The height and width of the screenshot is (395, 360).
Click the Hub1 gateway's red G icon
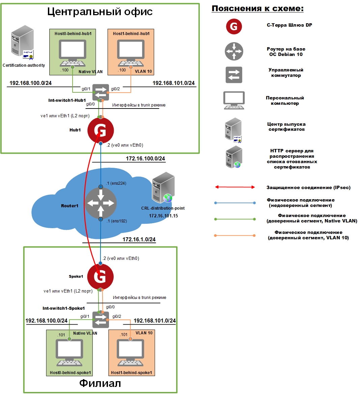[101, 130]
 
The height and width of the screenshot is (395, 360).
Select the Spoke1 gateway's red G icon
[100, 276]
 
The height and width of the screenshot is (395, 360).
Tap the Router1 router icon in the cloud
[101, 203]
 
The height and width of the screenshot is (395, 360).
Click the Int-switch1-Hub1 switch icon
[101, 92]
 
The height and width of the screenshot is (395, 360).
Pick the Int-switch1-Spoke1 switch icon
[101, 320]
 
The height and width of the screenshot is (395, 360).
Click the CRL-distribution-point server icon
[163, 187]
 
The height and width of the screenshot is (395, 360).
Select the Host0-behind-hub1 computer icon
[73, 53]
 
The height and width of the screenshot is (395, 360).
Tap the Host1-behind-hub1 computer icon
[131, 53]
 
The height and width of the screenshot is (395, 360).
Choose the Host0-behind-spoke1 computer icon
[69, 353]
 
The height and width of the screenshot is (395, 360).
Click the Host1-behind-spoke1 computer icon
[131, 353]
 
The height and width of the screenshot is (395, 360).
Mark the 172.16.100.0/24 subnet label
[145, 158]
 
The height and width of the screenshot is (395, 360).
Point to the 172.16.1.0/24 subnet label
[139, 239]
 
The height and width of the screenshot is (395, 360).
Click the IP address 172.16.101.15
[163, 216]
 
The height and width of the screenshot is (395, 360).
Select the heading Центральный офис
[100, 11]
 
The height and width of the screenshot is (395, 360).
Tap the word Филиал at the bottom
[100, 383]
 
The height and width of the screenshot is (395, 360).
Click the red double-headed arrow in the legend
[235, 187]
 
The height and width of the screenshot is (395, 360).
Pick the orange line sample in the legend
[235, 236]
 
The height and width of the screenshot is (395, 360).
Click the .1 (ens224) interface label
[116, 183]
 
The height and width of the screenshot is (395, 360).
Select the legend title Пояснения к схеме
[258, 8]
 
